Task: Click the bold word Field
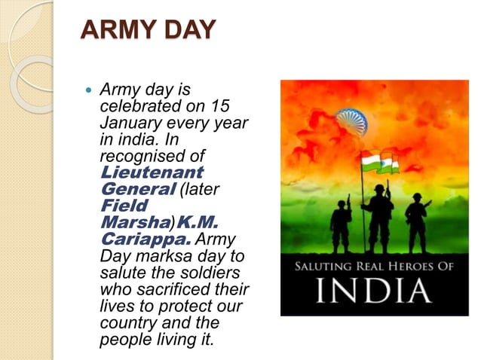[124, 204]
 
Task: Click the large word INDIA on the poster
[357, 291]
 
